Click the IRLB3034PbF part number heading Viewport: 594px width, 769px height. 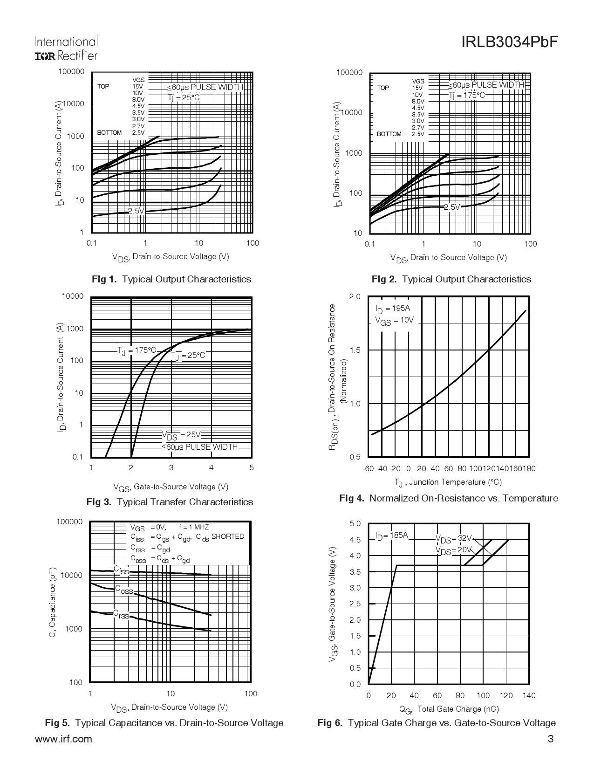509,42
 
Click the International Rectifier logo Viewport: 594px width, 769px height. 66,48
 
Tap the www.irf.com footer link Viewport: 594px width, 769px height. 63,739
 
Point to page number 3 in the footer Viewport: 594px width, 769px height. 551,739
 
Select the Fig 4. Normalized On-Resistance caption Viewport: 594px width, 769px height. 448,498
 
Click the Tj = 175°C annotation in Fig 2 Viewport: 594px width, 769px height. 467,96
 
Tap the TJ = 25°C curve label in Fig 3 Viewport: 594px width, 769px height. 188,356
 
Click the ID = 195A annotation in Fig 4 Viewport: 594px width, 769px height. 392,309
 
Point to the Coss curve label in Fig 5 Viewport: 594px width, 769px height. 124,590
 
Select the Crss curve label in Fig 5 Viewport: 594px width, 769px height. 121,614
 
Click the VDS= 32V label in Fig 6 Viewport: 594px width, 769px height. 453,538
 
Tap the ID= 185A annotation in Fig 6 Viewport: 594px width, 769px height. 391,536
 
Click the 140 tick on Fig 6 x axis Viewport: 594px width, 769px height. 529,696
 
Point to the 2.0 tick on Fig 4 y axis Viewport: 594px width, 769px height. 355,297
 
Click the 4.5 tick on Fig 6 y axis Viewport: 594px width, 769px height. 355,540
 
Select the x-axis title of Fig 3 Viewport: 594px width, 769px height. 171,487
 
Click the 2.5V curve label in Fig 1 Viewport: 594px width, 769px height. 136,211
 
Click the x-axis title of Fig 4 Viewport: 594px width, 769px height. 448,482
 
